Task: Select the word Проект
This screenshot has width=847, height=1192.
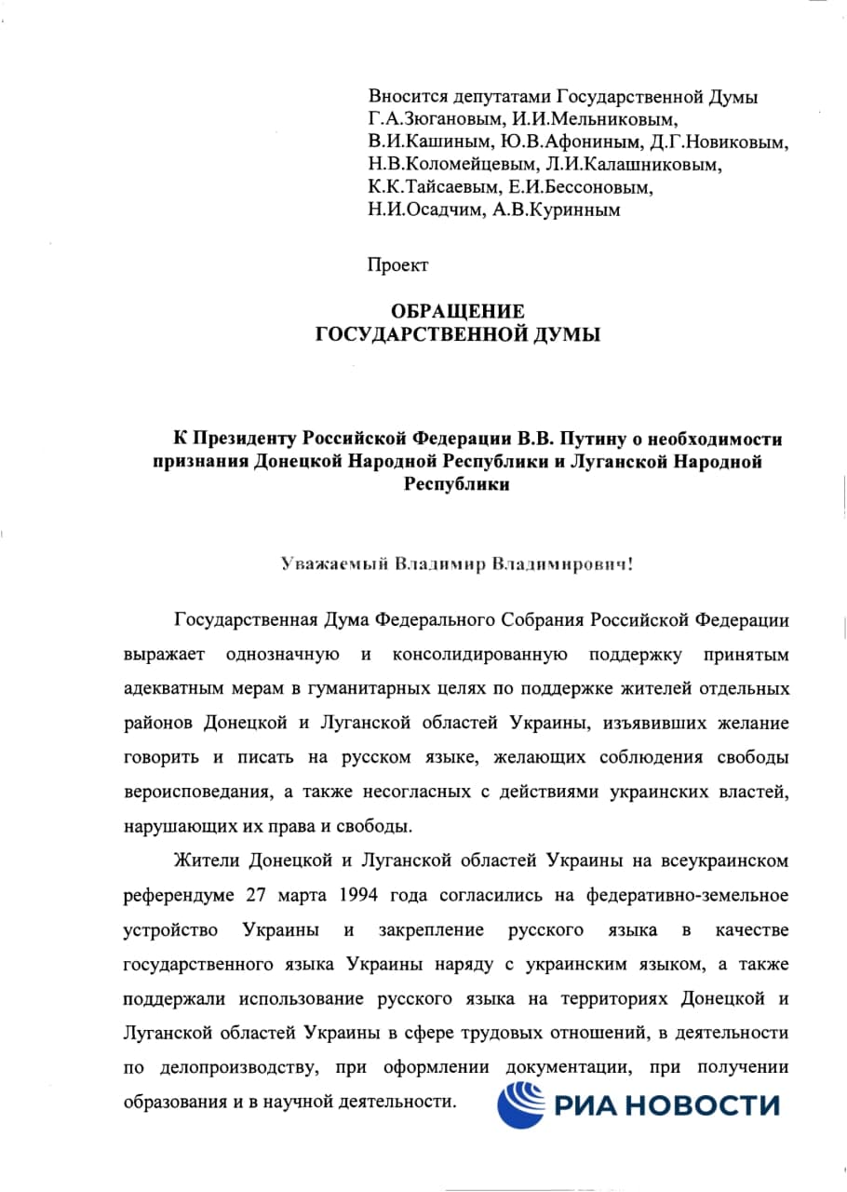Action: click(x=398, y=265)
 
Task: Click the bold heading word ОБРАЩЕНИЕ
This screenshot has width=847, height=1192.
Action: click(x=457, y=311)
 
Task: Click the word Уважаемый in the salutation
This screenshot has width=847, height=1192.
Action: click(x=334, y=564)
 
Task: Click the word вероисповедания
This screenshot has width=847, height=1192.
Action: click(x=191, y=791)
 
